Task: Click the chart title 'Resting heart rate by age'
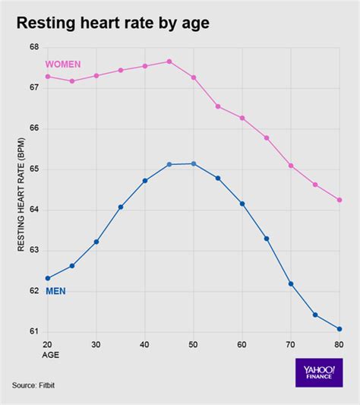coord(113,24)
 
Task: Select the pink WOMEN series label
coord(63,64)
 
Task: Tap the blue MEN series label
coord(55,291)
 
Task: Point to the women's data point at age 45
coord(169,62)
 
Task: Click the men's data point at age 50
coord(194,163)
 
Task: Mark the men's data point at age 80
coord(339,329)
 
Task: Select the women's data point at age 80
coord(339,200)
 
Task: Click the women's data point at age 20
coord(48,76)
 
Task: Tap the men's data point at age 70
coord(291,283)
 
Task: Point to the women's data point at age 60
coord(242,118)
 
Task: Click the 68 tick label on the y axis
coord(33,47)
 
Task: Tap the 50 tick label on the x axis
coord(194,344)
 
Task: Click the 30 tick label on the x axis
coord(96,344)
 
